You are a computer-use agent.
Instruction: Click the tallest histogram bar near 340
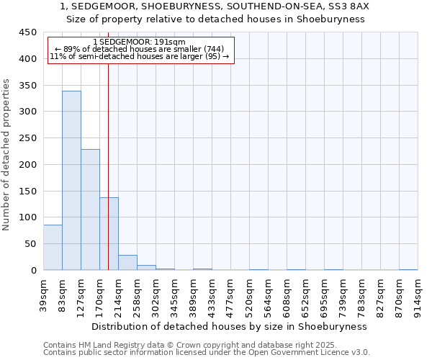(x=71, y=180)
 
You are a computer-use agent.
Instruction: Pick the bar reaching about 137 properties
(x=109, y=233)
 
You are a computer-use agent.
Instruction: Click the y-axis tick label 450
(x=27, y=32)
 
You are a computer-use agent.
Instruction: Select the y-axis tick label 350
(x=27, y=86)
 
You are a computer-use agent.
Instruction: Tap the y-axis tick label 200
(x=27, y=165)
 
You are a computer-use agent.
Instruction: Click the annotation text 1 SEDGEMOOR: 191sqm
(x=140, y=42)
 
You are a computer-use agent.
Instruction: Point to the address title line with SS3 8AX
(x=216, y=6)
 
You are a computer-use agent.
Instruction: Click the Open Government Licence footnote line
(x=207, y=353)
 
